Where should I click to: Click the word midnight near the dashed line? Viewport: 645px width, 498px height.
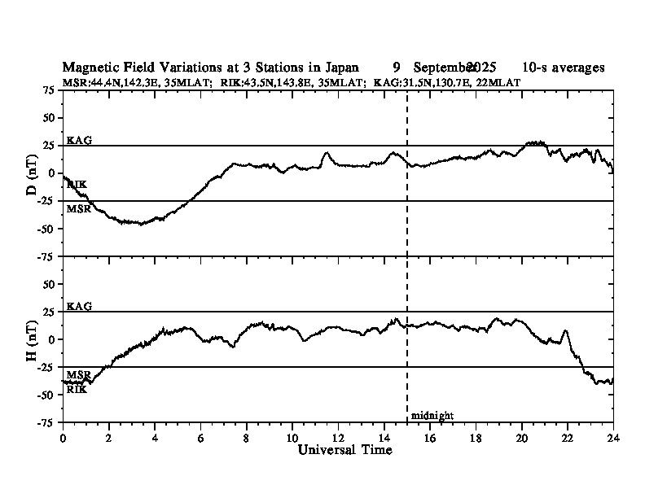point(432,416)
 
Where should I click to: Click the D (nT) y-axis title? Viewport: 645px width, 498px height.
point(32,173)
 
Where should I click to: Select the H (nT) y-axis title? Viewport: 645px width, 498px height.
point(32,339)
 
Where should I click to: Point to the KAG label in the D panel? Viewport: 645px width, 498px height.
point(79,140)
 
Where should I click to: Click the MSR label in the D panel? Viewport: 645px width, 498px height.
point(79,209)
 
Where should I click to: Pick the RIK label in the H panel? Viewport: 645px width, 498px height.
point(77,389)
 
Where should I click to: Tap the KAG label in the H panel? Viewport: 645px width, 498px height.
point(79,306)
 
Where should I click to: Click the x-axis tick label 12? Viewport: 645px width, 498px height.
point(338,438)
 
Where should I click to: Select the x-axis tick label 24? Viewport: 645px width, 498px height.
point(612,438)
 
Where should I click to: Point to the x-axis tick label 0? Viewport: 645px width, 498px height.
point(63,438)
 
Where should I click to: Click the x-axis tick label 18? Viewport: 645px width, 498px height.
point(476,438)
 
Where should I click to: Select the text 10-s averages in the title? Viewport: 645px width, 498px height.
point(563,68)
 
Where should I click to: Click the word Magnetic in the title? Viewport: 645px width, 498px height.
point(88,68)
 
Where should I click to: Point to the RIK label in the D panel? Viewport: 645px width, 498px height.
point(77,185)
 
